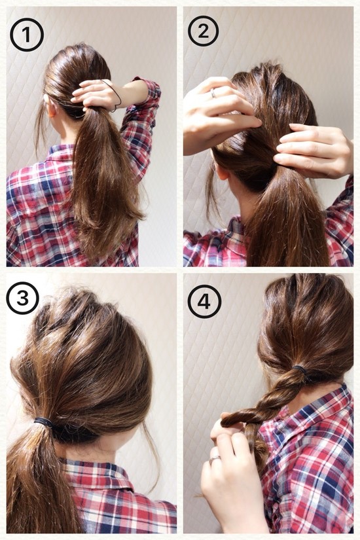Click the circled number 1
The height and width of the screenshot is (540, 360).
click(27, 35)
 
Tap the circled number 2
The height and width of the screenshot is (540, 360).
click(204, 31)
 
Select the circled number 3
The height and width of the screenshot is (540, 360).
click(22, 298)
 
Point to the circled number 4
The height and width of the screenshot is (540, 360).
click(204, 302)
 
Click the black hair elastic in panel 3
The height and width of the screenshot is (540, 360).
click(43, 422)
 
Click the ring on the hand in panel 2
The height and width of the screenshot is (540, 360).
click(213, 93)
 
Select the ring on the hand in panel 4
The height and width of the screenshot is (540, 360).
click(215, 458)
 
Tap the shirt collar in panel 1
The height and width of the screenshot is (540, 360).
click(62, 152)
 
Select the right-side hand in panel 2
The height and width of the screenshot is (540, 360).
click(314, 150)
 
